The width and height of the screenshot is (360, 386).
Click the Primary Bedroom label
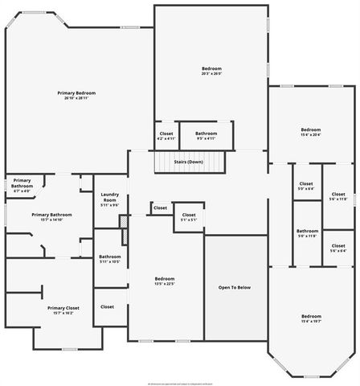76,93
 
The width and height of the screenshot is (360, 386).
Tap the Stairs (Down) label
188,162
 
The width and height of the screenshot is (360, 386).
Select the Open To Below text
235,287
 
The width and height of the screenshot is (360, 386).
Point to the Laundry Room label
109,197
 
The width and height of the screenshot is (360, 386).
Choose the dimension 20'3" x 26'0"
211,74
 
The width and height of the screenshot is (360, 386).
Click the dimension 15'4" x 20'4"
310,134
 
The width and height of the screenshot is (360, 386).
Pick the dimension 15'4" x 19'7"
310,321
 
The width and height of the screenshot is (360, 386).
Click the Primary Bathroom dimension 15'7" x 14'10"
51,220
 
